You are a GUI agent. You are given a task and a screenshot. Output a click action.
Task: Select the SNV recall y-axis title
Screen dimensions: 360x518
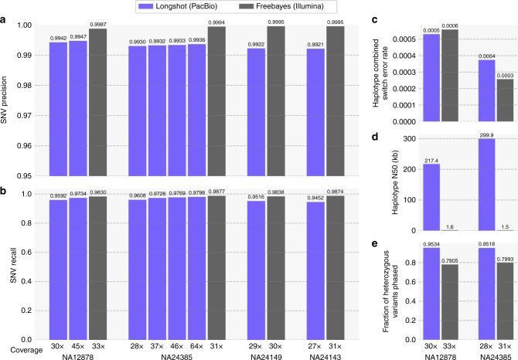coord(9,266)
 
